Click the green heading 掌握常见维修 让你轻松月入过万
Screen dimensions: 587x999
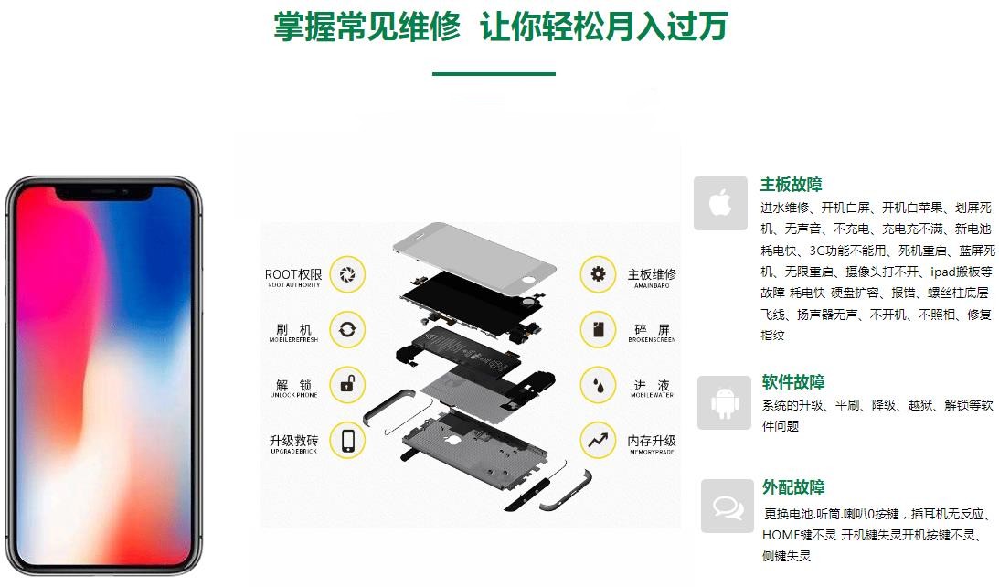click(x=500, y=27)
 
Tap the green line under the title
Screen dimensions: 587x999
click(x=494, y=73)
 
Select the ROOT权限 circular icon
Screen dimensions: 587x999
click(x=346, y=274)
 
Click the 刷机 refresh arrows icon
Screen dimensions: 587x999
click(x=346, y=329)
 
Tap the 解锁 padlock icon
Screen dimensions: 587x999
click(x=346, y=385)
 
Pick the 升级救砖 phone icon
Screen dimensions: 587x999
click(x=346, y=441)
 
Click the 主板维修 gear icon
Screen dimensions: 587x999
click(x=599, y=274)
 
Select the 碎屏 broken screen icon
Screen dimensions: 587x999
click(x=599, y=329)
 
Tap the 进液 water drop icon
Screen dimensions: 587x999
click(x=599, y=385)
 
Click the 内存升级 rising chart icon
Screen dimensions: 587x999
click(x=599, y=441)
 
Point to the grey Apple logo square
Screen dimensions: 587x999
click(x=720, y=203)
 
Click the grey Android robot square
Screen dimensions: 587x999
click(x=724, y=402)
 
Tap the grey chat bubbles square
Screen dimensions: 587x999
click(x=728, y=506)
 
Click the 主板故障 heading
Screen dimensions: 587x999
click(x=791, y=185)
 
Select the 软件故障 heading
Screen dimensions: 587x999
click(x=792, y=382)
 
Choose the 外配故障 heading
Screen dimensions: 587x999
click(x=792, y=487)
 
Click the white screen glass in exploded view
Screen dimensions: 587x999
click(x=473, y=251)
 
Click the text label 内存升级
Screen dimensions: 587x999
click(x=652, y=441)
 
